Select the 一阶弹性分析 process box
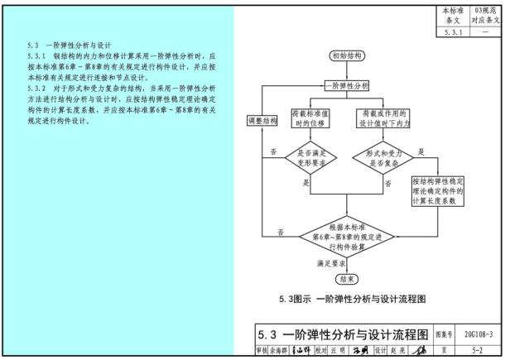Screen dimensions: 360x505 346,85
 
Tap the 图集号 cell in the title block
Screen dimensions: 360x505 443,335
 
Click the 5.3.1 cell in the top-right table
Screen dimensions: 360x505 450,32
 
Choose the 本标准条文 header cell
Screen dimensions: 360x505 450,17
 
